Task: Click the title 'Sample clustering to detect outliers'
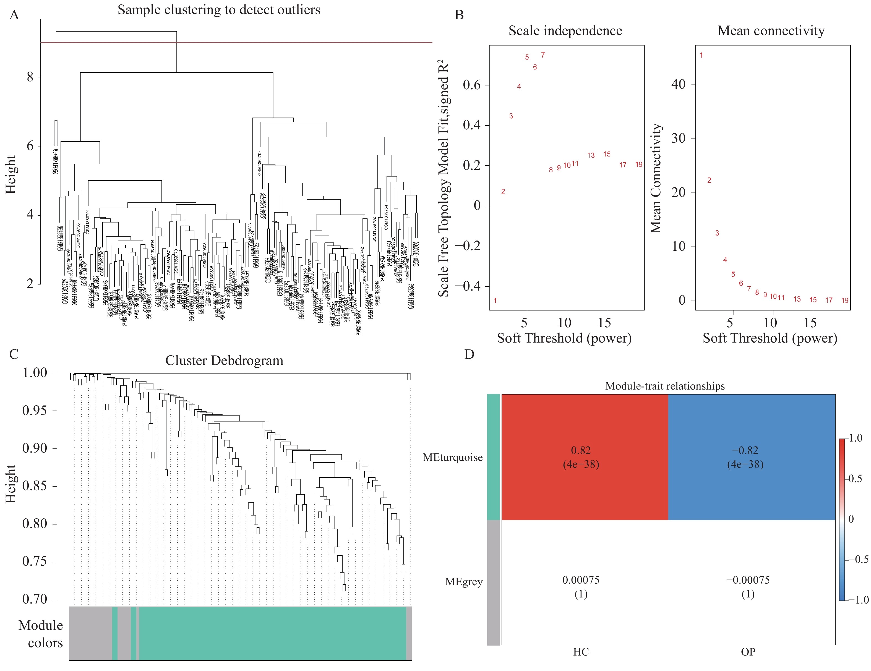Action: coord(218,10)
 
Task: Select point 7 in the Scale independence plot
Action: coord(543,55)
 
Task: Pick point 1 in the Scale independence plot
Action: coord(495,301)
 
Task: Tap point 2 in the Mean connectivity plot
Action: coord(709,180)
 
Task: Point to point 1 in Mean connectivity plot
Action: coord(701,55)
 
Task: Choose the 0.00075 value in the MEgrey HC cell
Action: coord(581,580)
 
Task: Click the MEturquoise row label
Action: coord(453,457)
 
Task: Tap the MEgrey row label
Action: coord(464,582)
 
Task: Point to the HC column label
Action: coord(581,652)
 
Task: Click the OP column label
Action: coord(748,652)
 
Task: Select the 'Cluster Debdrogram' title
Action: coord(224,361)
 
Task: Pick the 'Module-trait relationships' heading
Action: coord(665,386)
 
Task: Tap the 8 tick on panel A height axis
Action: coord(30,77)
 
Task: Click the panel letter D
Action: coord(470,354)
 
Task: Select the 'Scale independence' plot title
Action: coord(565,31)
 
